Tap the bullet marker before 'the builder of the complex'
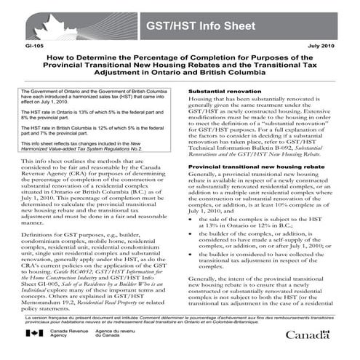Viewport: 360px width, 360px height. (192, 267)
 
